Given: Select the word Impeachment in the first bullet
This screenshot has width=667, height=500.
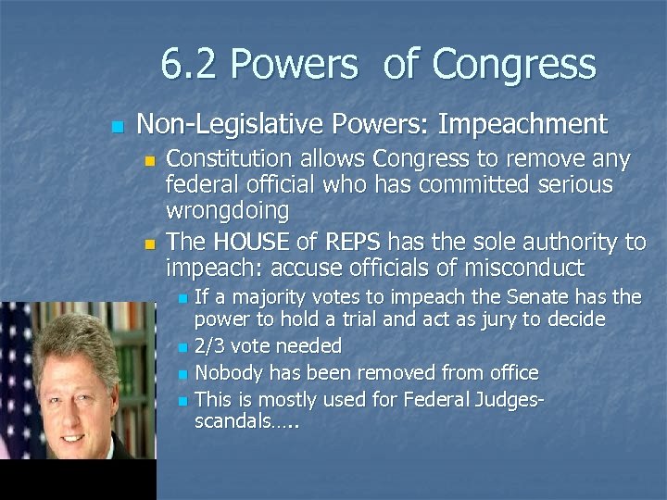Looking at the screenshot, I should [522, 123].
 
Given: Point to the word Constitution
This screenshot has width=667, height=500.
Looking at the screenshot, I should [233, 159].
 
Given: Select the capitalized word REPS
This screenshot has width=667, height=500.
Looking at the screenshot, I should [353, 243].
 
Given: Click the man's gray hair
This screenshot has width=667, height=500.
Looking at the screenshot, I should [78, 329].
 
